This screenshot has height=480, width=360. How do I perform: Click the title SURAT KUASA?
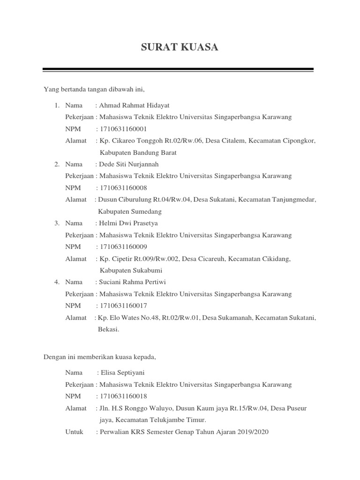[180, 48]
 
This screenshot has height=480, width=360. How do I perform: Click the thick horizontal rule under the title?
[178, 70]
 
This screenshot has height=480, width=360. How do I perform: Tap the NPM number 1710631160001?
[120, 129]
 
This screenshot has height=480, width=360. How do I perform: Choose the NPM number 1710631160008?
[120, 188]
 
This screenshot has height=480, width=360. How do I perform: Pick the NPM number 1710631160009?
[120, 247]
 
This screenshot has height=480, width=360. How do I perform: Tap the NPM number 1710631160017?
[120, 306]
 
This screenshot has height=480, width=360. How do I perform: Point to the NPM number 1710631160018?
[120, 397]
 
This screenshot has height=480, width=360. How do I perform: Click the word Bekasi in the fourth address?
[108, 330]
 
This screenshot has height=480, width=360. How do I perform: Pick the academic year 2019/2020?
[253, 432]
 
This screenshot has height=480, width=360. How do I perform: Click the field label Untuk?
[75, 432]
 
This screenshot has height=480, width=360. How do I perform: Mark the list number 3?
[56, 223]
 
